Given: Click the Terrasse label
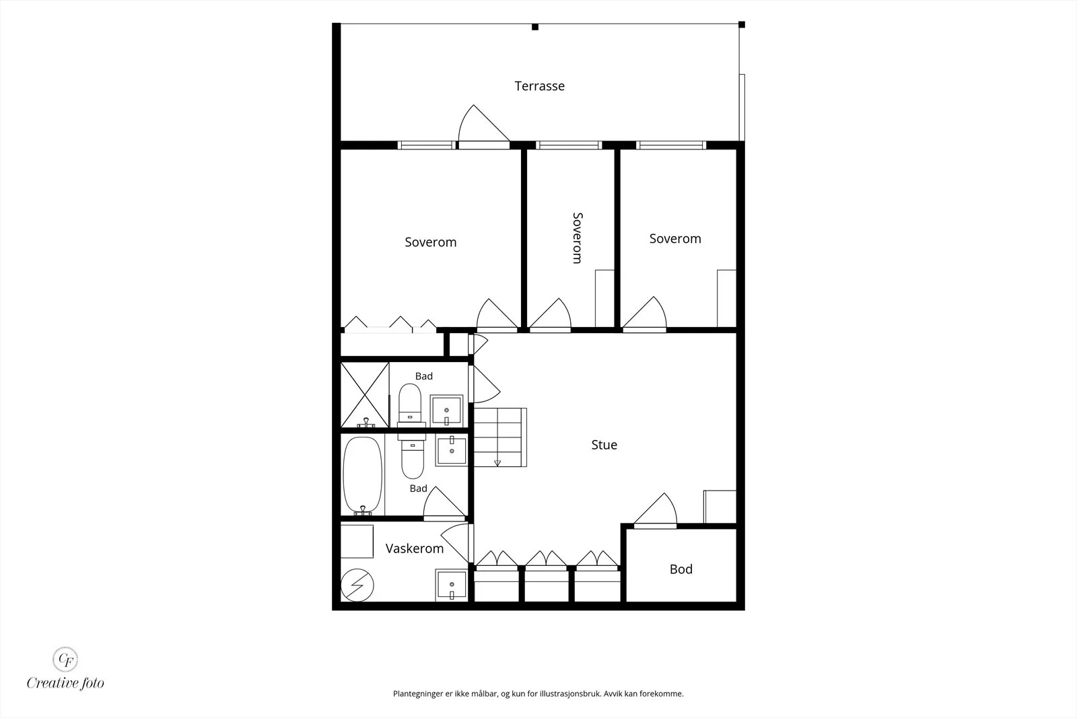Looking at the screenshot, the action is pyautogui.click(x=539, y=86).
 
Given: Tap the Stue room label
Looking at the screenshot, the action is pyautogui.click(x=604, y=445).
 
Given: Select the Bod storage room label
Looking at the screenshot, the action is pyautogui.click(x=681, y=569).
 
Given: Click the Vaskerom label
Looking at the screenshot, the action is pyautogui.click(x=415, y=548).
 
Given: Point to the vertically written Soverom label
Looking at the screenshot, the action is pyautogui.click(x=578, y=238).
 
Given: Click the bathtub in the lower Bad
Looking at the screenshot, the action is pyautogui.click(x=363, y=475).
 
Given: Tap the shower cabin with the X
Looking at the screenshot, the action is pyautogui.click(x=365, y=395).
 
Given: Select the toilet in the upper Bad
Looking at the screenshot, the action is pyautogui.click(x=410, y=404).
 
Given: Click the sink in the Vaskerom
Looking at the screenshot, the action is pyautogui.click(x=452, y=585).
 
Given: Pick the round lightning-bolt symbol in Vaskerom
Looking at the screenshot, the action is pyautogui.click(x=357, y=585).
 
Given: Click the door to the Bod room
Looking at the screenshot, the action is pyautogui.click(x=656, y=510).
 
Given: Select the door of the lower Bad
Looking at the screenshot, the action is pyautogui.click(x=444, y=503).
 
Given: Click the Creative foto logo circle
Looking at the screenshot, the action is pyautogui.click(x=65, y=659).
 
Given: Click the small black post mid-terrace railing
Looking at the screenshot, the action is pyautogui.click(x=535, y=27).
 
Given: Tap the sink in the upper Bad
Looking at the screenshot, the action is pyautogui.click(x=447, y=411).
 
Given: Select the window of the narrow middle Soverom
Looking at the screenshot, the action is pyautogui.click(x=569, y=145).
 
